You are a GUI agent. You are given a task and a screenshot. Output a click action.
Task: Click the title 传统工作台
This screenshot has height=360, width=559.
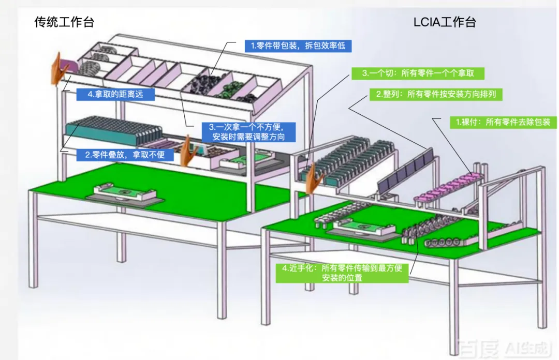coord(64,22)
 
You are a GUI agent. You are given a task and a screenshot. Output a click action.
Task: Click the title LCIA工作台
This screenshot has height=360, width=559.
coord(444,22)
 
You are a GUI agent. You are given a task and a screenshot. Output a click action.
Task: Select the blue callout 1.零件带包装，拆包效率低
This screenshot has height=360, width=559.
coord(298,46)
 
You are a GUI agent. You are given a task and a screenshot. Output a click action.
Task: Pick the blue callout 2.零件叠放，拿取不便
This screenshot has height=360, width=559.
coord(121,154)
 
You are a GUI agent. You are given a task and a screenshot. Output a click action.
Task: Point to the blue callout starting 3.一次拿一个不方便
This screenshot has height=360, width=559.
coord(245,132)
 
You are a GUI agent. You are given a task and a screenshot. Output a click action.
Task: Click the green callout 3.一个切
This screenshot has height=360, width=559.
coord(418,73)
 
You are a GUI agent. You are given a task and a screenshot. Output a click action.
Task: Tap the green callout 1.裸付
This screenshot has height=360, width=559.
coord(494,123)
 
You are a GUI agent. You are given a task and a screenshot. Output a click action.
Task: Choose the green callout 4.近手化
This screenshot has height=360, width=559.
coord(342,273)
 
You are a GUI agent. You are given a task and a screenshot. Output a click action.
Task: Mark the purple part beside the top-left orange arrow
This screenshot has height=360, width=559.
coord(69,66)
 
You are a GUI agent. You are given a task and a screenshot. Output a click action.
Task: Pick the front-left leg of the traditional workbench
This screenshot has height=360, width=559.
coord(33,238)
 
